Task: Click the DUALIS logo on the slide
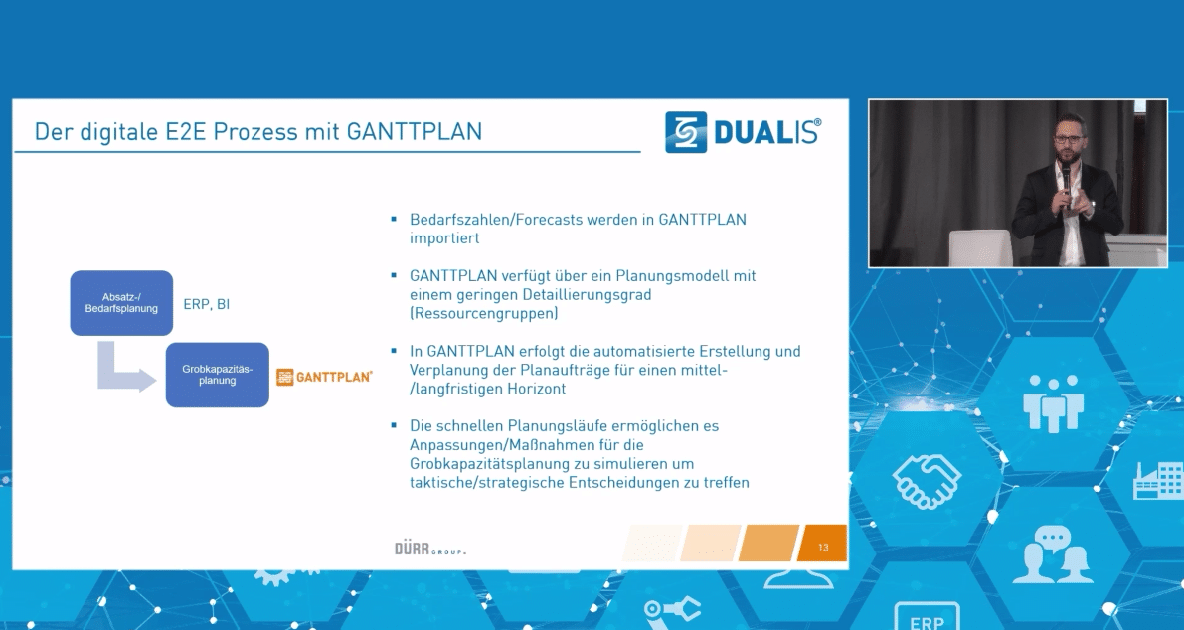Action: tap(743, 132)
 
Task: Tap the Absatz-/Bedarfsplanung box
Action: tap(121, 303)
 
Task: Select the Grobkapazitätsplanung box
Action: tap(218, 375)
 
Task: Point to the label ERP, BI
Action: tap(206, 304)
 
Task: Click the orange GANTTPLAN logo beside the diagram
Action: tap(325, 377)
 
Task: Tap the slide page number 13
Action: tap(823, 547)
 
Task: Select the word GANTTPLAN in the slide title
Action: tap(414, 132)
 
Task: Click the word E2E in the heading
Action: tap(187, 132)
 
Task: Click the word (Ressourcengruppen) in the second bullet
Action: tap(484, 313)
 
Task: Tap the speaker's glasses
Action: tap(1067, 139)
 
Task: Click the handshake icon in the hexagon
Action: tap(927, 481)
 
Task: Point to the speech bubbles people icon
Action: tap(1055, 554)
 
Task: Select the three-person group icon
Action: tap(1054, 402)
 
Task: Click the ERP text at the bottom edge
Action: tap(927, 622)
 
